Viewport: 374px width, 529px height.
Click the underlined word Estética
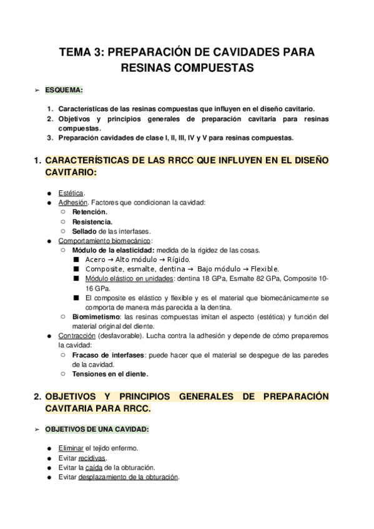(x=71, y=192)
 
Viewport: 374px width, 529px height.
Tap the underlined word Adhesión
(x=73, y=201)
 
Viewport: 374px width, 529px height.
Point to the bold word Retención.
(x=89, y=211)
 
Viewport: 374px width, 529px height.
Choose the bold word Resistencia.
(x=92, y=221)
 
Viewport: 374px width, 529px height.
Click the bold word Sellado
(x=84, y=231)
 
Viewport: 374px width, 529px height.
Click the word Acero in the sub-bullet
(x=96, y=260)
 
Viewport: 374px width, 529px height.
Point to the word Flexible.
(x=262, y=269)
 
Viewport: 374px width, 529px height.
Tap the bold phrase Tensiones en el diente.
(x=111, y=374)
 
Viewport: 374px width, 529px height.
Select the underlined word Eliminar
(x=70, y=448)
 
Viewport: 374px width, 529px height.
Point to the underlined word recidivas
(x=92, y=458)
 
